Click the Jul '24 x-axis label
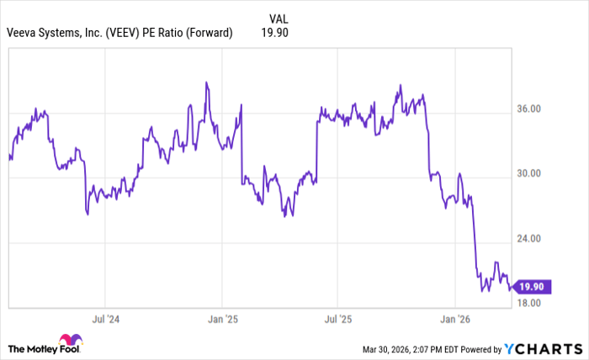[105, 320]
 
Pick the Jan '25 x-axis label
[221, 320]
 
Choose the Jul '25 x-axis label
[337, 320]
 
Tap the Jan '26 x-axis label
[454, 320]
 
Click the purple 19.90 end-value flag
[533, 287]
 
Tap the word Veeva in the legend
[24, 34]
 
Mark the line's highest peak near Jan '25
[206, 83]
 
